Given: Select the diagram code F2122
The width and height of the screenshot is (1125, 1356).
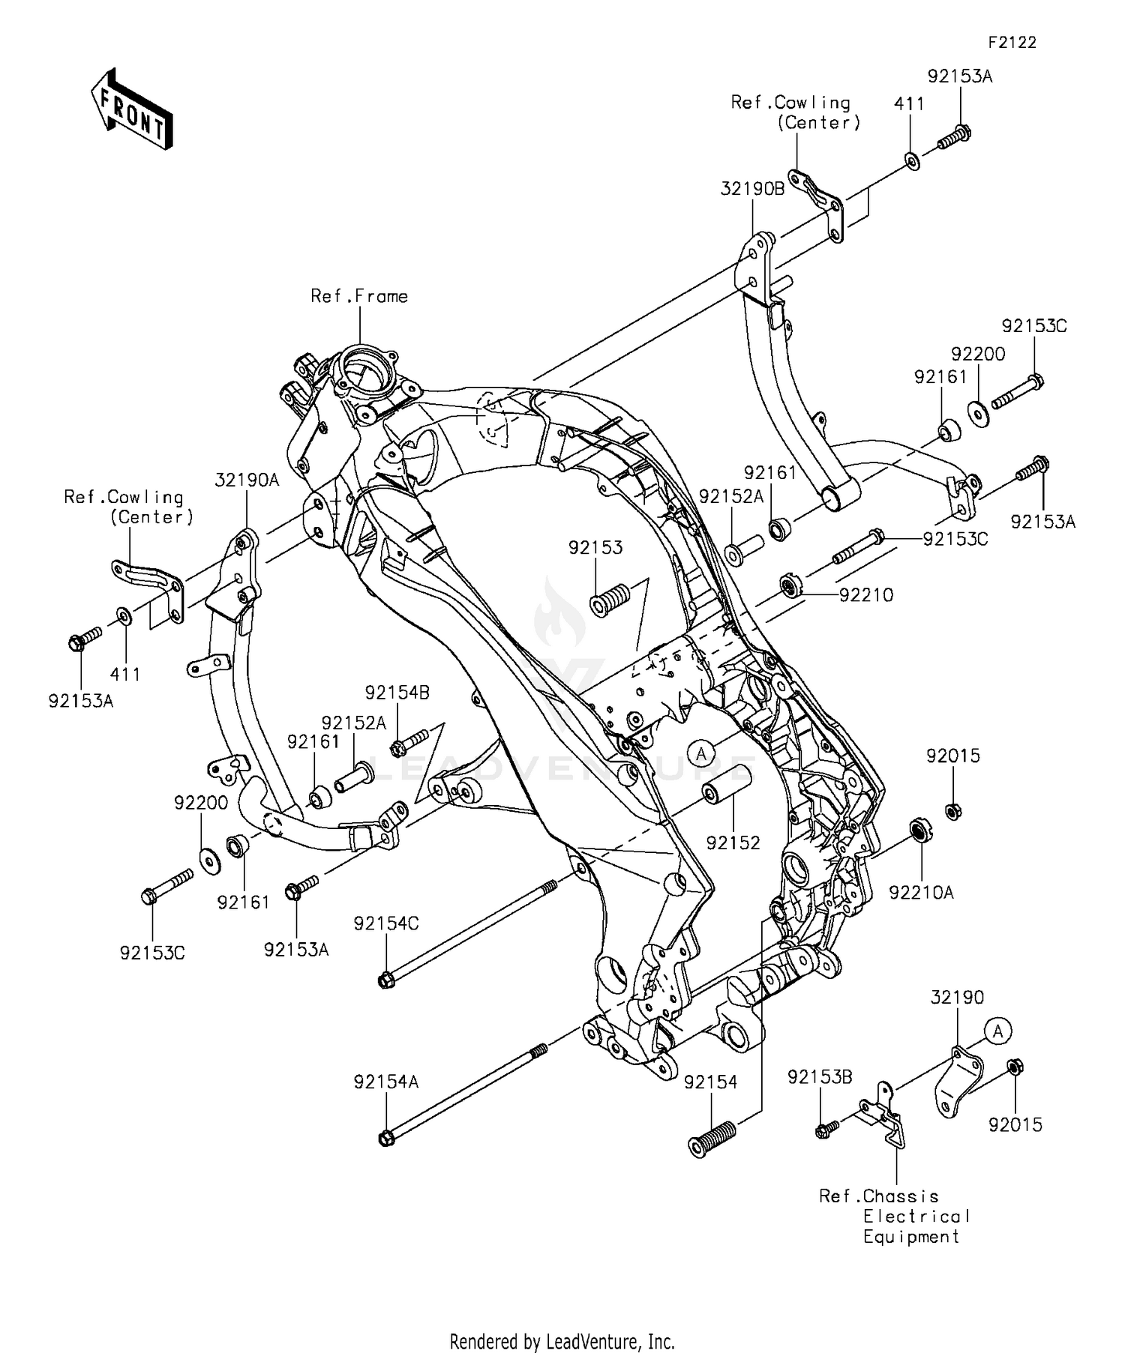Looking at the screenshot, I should coord(1012,43).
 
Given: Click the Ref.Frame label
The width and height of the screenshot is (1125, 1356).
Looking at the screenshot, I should coord(359,297).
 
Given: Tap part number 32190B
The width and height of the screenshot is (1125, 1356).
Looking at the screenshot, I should coord(752,189).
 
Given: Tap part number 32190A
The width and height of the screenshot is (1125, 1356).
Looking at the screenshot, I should coord(247,480).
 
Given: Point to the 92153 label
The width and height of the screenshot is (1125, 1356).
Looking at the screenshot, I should coord(595,548).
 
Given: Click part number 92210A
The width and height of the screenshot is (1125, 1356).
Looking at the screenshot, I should coord(921,893).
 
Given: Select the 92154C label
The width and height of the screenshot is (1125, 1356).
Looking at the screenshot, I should coord(386,924).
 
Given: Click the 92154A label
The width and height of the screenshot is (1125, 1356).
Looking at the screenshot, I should coord(386,1082).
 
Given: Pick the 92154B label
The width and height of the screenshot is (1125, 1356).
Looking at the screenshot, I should coord(397,693).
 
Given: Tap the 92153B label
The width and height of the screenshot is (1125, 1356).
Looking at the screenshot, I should coord(820,1078).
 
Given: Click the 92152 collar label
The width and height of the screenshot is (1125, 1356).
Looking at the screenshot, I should coord(733,843).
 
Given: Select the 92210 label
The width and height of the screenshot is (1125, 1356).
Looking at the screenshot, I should coord(866,595).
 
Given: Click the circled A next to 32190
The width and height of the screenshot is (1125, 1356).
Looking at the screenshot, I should coord(998,1032).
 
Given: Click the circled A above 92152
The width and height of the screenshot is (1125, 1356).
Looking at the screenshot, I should coord(702,753).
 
